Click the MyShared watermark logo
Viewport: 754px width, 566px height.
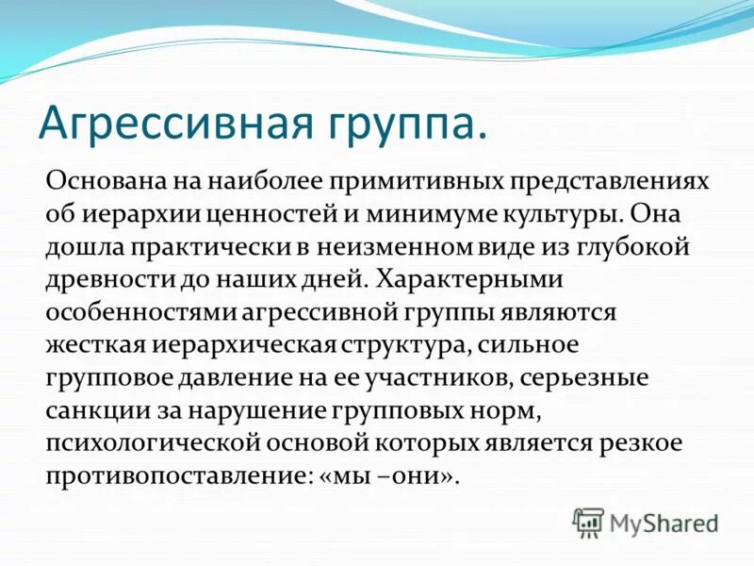(646, 522)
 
